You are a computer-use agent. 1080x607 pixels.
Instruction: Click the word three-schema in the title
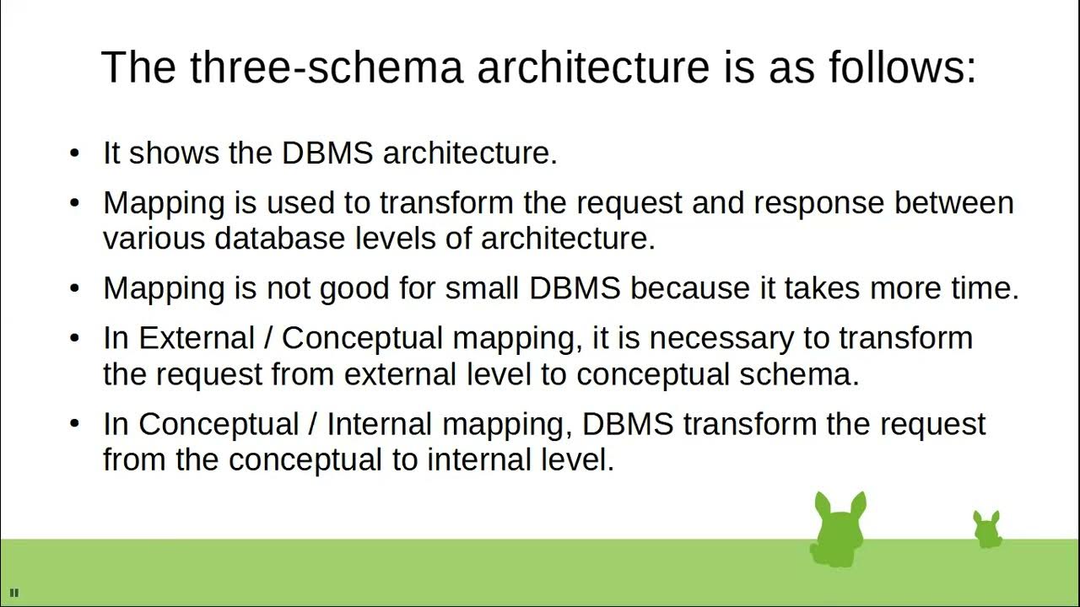click(x=326, y=67)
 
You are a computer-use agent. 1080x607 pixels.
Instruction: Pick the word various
click(x=154, y=239)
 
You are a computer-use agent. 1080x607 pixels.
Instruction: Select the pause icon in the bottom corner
click(x=14, y=593)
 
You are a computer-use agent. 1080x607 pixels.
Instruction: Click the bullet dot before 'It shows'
click(x=75, y=153)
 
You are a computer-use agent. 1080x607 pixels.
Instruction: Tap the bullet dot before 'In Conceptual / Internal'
click(x=75, y=423)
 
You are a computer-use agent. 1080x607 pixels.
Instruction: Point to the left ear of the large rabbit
click(x=822, y=505)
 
